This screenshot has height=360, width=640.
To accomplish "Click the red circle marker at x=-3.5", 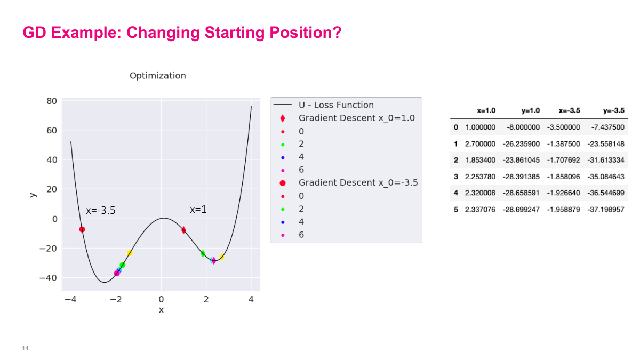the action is (x=82, y=229).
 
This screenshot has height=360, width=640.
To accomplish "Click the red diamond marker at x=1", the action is (x=183, y=230).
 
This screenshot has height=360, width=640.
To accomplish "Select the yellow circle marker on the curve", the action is (x=130, y=253).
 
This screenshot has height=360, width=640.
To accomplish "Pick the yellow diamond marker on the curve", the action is (x=222, y=257).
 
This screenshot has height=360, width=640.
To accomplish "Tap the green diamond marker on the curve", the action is (x=203, y=253).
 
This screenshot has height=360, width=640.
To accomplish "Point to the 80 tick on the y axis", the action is (x=52, y=101).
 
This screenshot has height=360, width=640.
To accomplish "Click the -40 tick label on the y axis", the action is (x=49, y=278).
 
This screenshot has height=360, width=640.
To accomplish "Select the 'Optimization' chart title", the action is (x=158, y=76).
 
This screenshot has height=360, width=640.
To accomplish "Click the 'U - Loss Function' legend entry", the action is (x=336, y=105).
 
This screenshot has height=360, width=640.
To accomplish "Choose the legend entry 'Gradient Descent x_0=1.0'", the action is (x=357, y=118).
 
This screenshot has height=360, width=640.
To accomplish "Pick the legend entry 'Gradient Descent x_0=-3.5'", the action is (x=358, y=182).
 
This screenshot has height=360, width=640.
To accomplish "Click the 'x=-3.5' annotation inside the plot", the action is (x=101, y=211).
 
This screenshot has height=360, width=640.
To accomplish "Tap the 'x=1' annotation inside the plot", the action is (x=198, y=210).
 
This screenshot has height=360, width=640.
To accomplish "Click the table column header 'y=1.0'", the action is (x=531, y=111).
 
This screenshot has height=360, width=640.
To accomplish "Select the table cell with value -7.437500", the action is (x=607, y=127).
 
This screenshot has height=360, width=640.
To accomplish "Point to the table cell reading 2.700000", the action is (x=480, y=143).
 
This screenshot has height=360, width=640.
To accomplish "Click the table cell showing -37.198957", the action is (x=606, y=210).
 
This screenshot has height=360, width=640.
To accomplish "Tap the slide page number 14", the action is (x=25, y=348).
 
